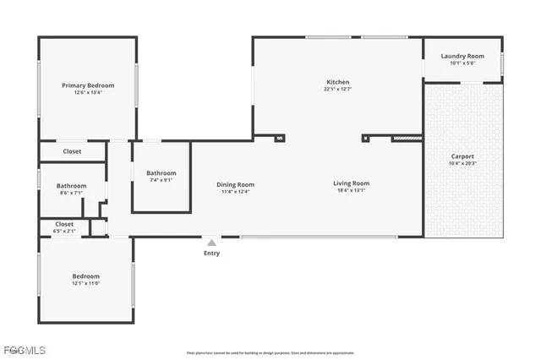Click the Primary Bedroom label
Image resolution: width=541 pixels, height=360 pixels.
click(88, 85)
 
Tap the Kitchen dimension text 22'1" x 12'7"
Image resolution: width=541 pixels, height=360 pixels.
click(338, 89)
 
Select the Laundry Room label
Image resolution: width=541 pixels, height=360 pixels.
click(462, 56)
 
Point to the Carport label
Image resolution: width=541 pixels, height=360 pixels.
click(462, 156)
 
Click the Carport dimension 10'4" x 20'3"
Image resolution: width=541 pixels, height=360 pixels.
click(462, 164)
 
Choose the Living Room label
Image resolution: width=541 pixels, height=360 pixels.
click(351, 183)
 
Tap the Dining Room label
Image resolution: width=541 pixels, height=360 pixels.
click(235, 184)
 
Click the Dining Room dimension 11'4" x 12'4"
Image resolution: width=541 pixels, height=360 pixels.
click(235, 192)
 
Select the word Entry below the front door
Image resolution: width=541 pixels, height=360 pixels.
click(211, 253)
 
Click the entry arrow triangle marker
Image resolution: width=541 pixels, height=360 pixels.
click(211, 242)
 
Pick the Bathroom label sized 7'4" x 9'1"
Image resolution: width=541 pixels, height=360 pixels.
click(161, 172)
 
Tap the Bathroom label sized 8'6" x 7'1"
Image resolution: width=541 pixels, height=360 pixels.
click(71, 186)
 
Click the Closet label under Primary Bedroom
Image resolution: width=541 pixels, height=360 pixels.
click(73, 152)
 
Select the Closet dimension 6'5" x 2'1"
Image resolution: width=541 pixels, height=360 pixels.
click(64, 231)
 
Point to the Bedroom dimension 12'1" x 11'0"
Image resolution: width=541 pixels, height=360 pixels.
click(85, 284)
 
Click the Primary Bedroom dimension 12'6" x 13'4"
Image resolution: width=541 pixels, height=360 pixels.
click(88, 93)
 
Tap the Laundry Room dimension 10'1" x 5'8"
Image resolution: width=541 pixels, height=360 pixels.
click(462, 63)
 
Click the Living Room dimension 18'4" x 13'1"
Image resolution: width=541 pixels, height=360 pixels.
click(351, 191)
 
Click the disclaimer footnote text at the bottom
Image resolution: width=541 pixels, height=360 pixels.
click(270, 352)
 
